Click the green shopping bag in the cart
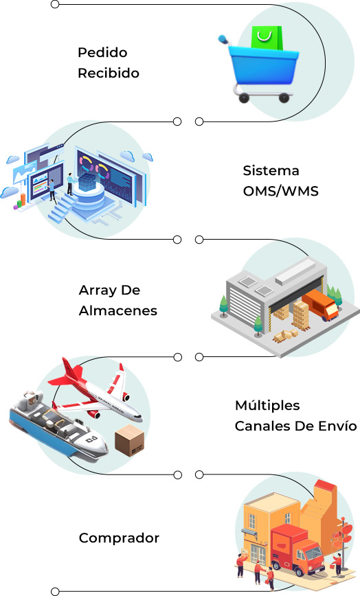pyautogui.click(x=267, y=38)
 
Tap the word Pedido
pyautogui.click(x=102, y=52)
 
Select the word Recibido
pyautogui.click(x=109, y=73)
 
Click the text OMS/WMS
pyautogui.click(x=280, y=191)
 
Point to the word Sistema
pyautogui.click(x=271, y=171)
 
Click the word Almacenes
pyautogui.click(x=118, y=310)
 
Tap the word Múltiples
pyautogui.click(x=267, y=405)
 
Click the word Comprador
pyautogui.click(x=119, y=538)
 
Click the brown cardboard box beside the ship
pyautogui.click(x=130, y=440)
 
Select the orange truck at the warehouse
pyautogui.click(x=320, y=305)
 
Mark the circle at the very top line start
pyautogui.click(x=55, y=5)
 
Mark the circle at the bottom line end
pyautogui.click(x=55, y=591)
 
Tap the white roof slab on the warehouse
pyautogui.click(x=295, y=271)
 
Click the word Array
pyautogui.click(x=94, y=290)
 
